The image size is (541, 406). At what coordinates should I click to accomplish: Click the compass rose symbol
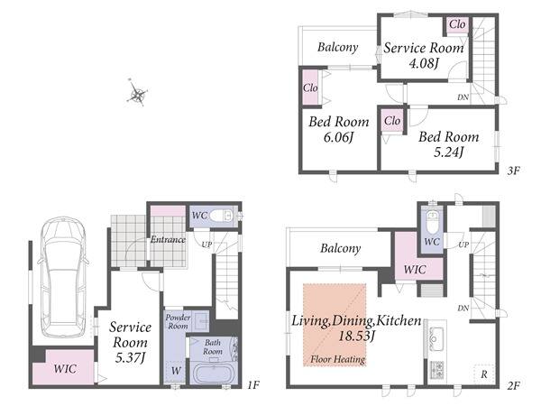coord(137,93)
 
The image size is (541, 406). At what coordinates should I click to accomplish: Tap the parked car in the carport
coord(63,277)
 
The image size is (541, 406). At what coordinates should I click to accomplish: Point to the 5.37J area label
coord(129,358)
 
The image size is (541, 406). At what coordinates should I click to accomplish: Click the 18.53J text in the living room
coord(356,336)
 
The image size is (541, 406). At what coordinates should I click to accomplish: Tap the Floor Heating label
coord(337,359)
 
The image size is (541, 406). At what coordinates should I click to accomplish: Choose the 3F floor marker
coord(513,171)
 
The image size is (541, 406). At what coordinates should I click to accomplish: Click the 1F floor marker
coord(253,384)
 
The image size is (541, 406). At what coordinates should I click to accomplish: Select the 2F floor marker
coord(513,385)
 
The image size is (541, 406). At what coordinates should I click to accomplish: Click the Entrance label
coord(168,239)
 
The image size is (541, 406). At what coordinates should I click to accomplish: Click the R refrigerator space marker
coord(484,374)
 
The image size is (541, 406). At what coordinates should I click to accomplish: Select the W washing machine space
coord(176,371)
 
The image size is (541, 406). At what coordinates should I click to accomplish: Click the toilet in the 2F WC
coord(432,222)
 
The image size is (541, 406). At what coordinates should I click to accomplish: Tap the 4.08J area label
coord(424,63)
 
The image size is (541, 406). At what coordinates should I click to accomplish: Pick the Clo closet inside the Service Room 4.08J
coord(457,25)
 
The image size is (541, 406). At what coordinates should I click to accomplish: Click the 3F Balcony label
coord(338,47)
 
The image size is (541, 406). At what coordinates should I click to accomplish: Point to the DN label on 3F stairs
coord(463,97)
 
